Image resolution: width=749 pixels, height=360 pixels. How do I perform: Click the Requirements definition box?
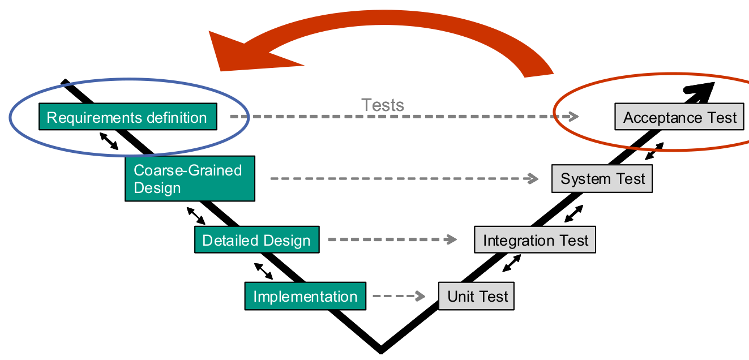pyautogui.click(x=127, y=117)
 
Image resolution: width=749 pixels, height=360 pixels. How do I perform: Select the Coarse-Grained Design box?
pyautogui.click(x=190, y=179)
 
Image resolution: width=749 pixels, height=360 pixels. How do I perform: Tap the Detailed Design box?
pyautogui.click(x=256, y=239)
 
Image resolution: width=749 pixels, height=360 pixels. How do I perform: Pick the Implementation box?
pyautogui.click(x=305, y=296)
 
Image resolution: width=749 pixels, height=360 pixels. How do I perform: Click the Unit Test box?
pyautogui.click(x=477, y=296)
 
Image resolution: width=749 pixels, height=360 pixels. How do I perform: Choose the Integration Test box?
pyautogui.click(x=535, y=240)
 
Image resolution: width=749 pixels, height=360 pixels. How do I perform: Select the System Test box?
pyautogui.click(x=602, y=179)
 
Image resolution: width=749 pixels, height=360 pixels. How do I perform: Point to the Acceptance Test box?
pyautogui.click(x=679, y=117)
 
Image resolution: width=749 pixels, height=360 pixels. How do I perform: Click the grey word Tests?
pyautogui.click(x=383, y=105)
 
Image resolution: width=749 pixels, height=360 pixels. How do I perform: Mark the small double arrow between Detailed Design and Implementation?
pyautogui.click(x=263, y=271)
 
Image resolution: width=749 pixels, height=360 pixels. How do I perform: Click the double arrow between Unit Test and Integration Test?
pyautogui.click(x=512, y=263)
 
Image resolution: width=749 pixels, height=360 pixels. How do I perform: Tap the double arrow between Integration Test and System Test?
pyautogui.click(x=573, y=213)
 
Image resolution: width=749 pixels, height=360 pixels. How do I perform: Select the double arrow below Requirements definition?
pyautogui.click(x=109, y=141)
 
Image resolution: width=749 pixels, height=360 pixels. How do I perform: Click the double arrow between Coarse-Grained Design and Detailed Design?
pyautogui.click(x=196, y=216)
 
